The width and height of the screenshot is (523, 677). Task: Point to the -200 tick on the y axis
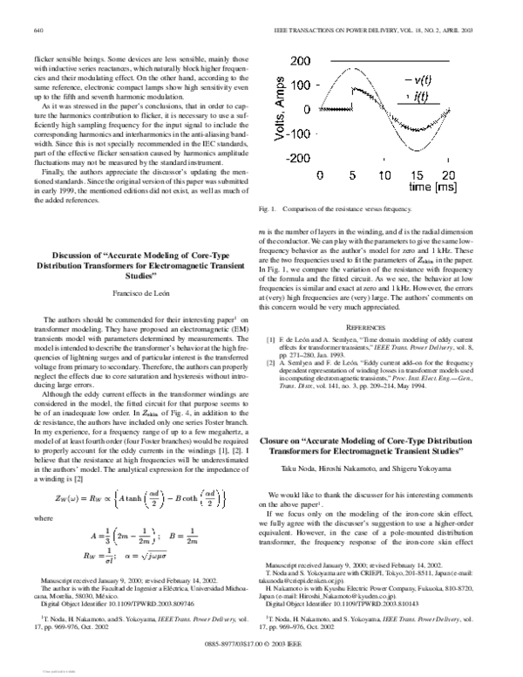click(298, 159)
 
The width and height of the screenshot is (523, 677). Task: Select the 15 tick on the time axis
click(414, 174)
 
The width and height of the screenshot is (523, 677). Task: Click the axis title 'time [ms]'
click(432, 187)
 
